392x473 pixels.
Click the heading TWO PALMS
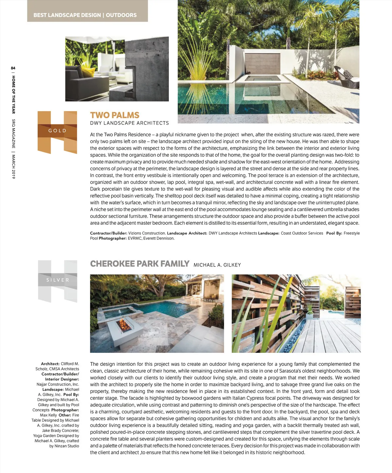coord(115,115)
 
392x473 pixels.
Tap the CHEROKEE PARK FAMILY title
coord(139,264)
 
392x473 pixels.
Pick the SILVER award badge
coord(57,280)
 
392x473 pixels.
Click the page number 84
coord(13,68)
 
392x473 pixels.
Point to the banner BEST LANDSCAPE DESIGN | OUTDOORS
coord(85,15)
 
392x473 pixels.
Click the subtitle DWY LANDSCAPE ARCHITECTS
coord(129,123)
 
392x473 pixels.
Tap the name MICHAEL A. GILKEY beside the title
coord(217,265)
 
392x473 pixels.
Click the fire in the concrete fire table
coord(124,325)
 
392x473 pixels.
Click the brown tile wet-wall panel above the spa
coord(263,64)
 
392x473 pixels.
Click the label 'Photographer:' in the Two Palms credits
coord(112,238)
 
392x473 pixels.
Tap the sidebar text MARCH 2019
coord(13,166)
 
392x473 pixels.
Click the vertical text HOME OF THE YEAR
coord(13,95)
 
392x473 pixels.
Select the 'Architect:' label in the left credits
coord(50,364)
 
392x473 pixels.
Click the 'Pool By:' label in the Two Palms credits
coord(334,233)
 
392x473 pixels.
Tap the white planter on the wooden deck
coord(309,316)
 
